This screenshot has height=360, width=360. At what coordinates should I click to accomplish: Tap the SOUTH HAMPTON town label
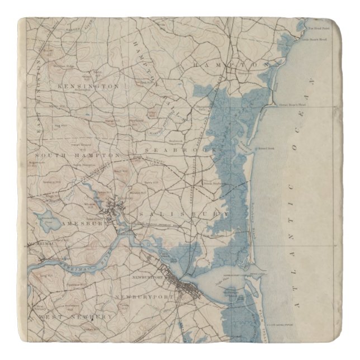pyautogui.click(x=78, y=154)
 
